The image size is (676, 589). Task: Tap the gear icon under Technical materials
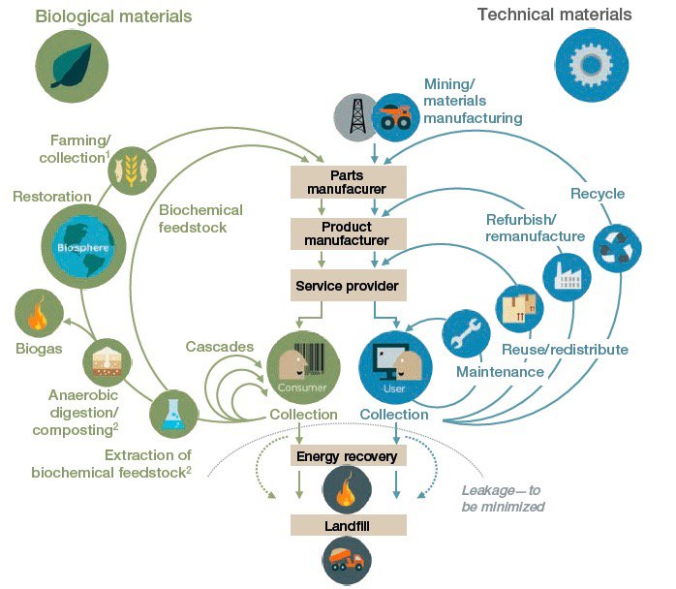coord(586,60)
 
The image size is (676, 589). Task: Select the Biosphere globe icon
coord(77,242)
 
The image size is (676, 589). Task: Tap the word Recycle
coord(598,194)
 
